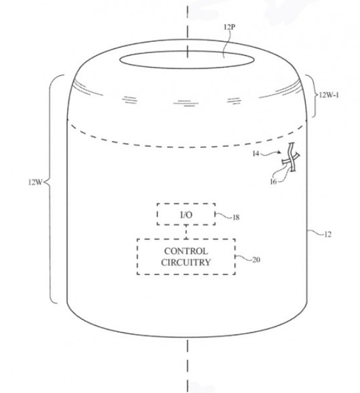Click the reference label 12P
(229, 27)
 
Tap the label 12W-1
(329, 95)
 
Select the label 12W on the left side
(36, 182)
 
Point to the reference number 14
(256, 153)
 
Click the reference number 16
(273, 181)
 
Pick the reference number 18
(236, 217)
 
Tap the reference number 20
(256, 260)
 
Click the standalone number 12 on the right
(327, 234)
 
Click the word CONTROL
(186, 251)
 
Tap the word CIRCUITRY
(186, 263)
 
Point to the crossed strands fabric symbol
(291, 158)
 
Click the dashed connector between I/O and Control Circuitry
(186, 232)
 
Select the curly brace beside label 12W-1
(314, 96)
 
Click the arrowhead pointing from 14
(280, 152)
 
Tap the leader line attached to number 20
(244, 258)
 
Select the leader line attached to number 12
(315, 232)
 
